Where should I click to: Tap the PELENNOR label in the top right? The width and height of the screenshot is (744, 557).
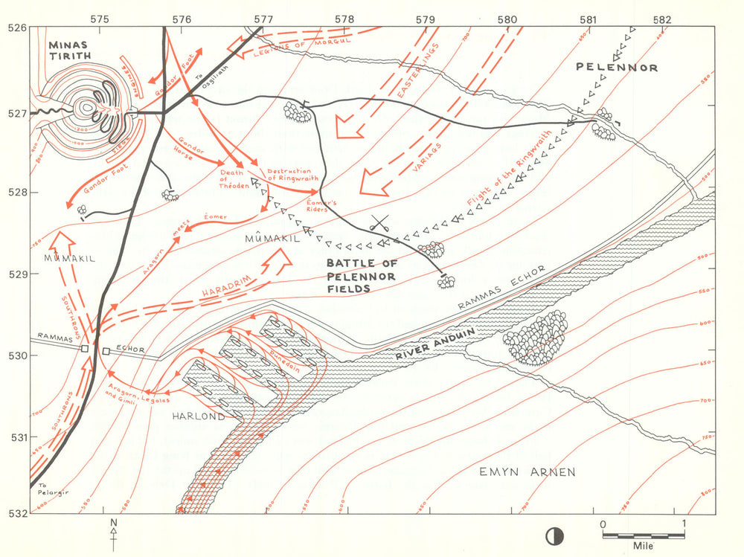pos(617,68)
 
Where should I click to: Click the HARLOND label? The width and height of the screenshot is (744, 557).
pos(199,417)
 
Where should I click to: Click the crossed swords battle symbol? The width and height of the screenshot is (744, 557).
pos(382,222)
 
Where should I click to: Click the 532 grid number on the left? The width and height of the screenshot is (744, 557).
pos(16,513)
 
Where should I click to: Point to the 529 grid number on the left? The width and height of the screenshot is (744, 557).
pos(16,274)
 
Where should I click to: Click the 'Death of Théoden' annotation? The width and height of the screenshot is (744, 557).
pos(231,179)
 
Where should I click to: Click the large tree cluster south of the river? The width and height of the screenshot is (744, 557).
pos(535,337)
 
